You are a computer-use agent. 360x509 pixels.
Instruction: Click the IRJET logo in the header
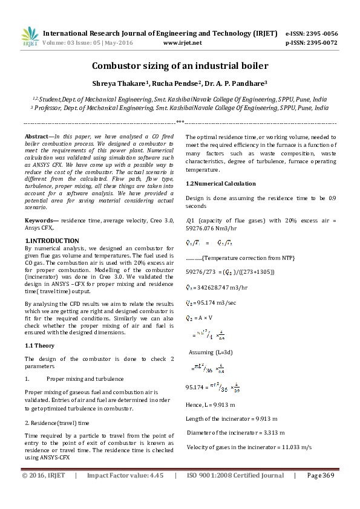tap(30, 37)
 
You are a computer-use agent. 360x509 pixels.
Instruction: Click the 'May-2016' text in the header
tap(119, 43)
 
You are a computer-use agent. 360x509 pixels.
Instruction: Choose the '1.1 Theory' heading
tap(39, 346)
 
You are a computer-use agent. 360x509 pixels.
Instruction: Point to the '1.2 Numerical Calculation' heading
tap(221, 183)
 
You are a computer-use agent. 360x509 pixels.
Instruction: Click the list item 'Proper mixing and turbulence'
tap(85, 378)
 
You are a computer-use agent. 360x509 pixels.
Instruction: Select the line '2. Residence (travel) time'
tap(57, 423)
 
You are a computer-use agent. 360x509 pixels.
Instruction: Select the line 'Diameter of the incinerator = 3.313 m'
tap(236, 433)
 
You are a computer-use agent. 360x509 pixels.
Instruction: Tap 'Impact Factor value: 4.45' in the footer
tap(125, 476)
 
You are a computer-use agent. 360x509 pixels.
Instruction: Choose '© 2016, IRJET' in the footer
tap(43, 476)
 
